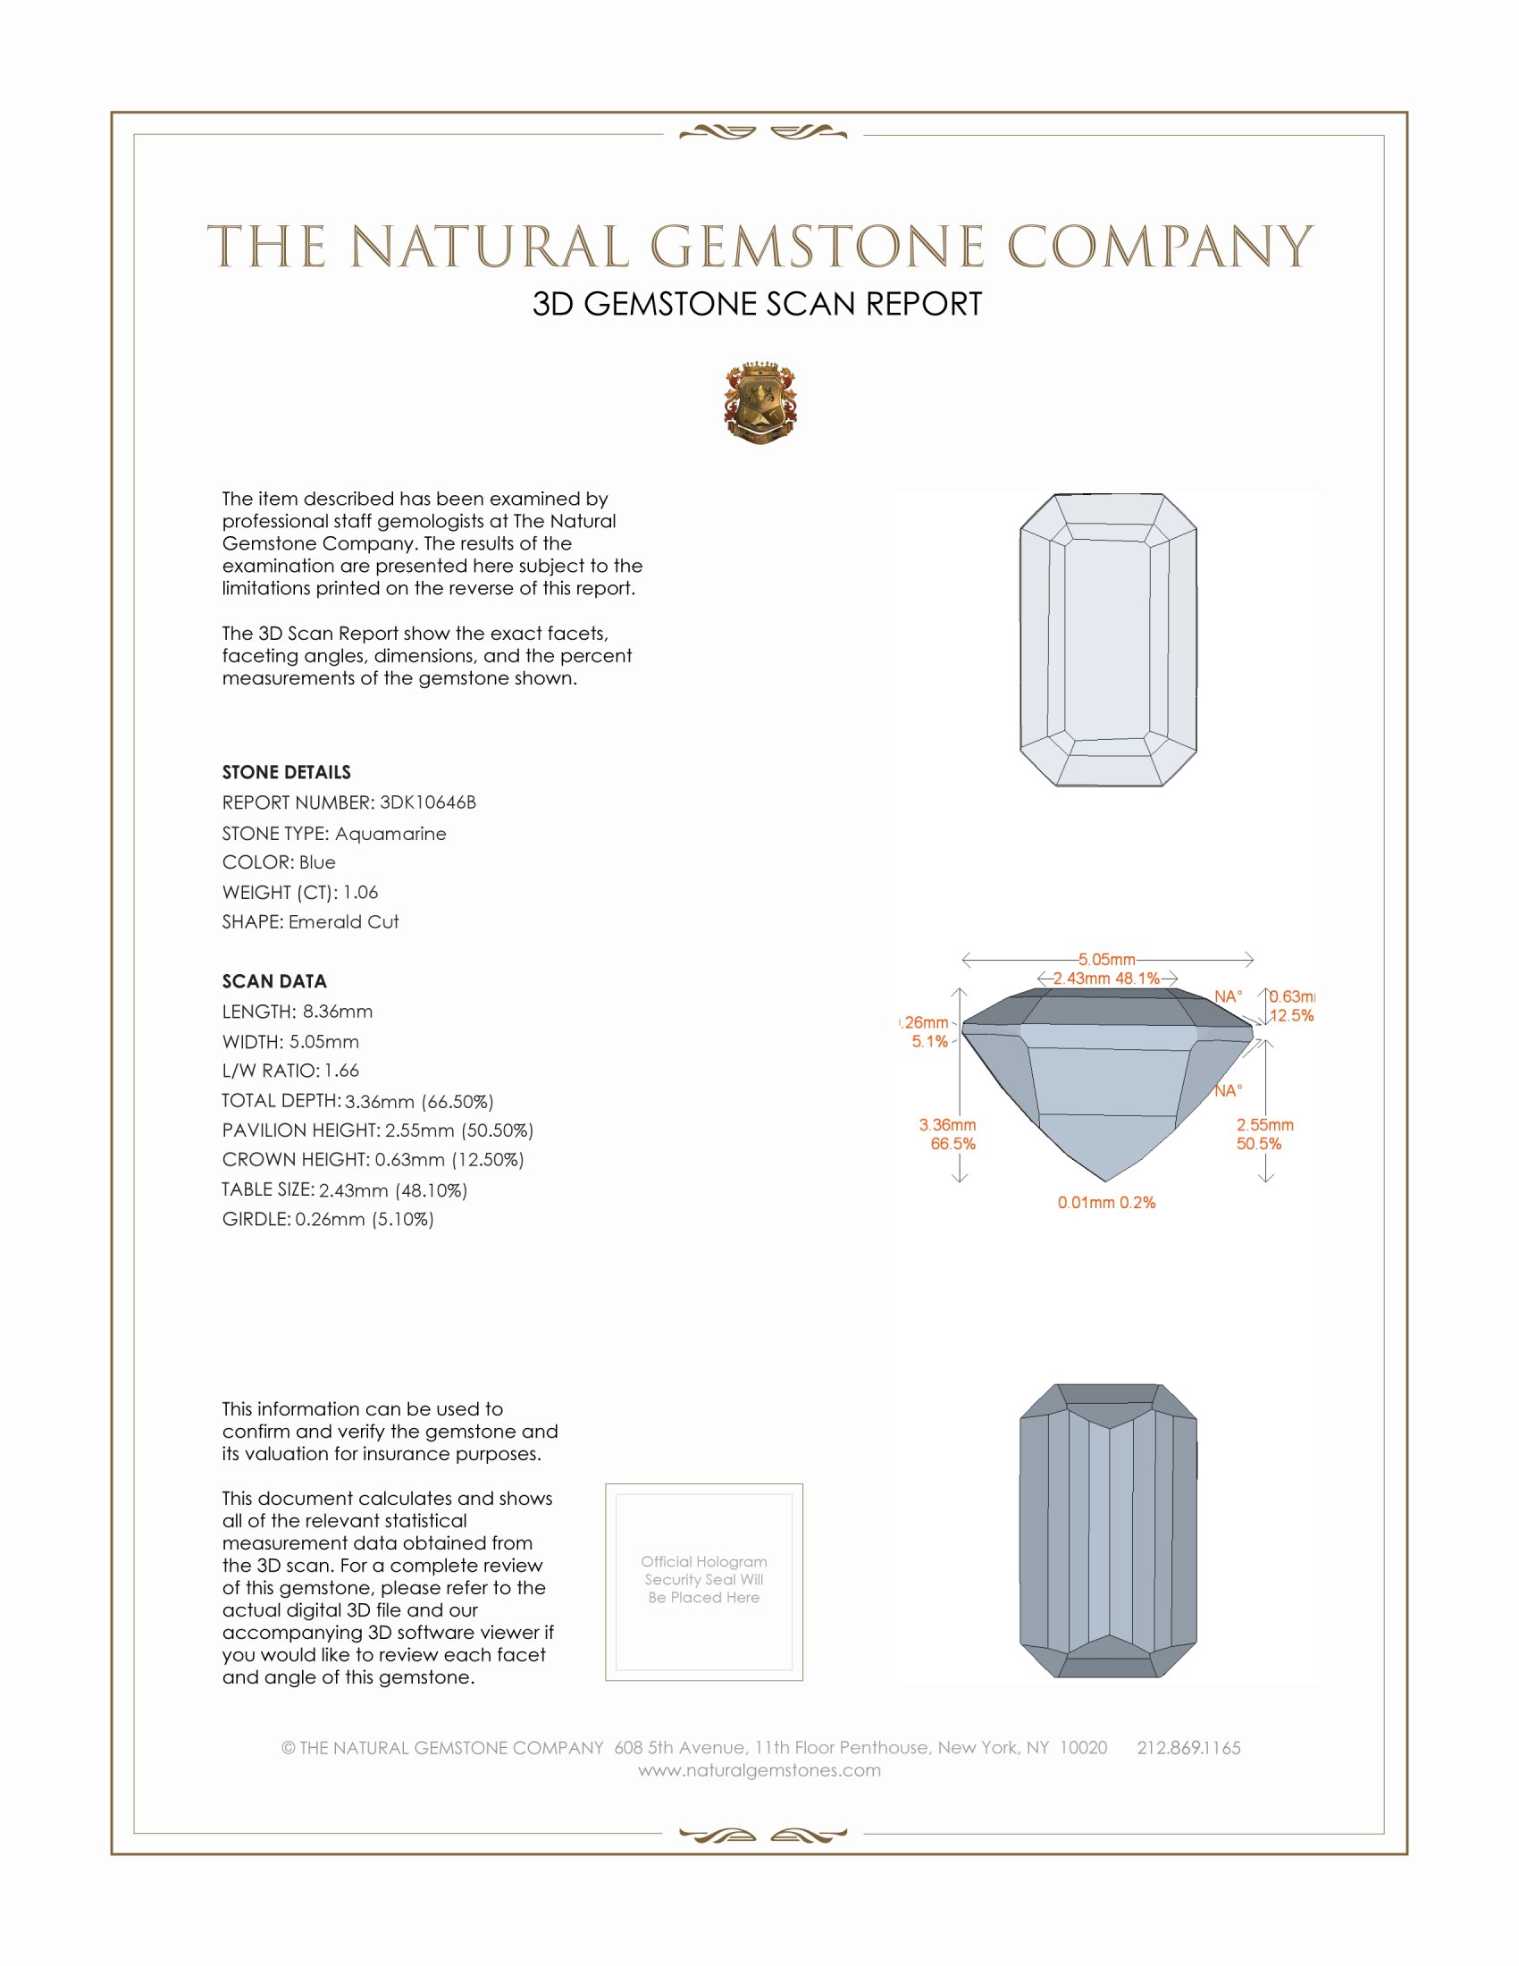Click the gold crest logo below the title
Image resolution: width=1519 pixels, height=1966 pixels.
point(759,402)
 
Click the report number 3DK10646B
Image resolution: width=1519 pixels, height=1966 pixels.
point(427,802)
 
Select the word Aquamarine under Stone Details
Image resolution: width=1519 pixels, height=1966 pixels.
point(390,834)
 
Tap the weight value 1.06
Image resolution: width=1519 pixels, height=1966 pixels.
point(360,892)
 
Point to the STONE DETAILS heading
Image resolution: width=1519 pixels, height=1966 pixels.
point(286,772)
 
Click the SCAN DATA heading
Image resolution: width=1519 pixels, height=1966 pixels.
point(274,981)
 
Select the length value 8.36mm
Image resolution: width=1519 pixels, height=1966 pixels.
point(338,1011)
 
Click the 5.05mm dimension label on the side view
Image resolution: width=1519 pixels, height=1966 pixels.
point(1107,960)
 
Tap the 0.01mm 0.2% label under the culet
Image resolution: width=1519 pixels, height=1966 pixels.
point(1106,1203)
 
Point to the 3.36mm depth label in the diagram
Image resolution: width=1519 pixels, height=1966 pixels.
point(946,1125)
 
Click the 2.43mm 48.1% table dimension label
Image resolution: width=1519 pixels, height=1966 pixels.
point(1106,979)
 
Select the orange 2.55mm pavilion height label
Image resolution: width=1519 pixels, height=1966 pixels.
point(1264,1125)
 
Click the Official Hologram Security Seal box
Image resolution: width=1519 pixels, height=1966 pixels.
point(704,1582)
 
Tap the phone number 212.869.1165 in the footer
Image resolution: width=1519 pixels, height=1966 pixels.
point(1188,1747)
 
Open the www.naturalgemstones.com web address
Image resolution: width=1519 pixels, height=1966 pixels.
point(759,1769)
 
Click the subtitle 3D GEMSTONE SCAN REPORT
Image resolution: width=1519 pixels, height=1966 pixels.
point(757,304)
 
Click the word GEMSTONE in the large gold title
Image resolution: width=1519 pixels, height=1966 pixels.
point(817,248)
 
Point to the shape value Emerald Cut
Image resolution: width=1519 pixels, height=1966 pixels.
point(344,922)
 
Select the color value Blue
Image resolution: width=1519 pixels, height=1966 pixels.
point(318,862)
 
